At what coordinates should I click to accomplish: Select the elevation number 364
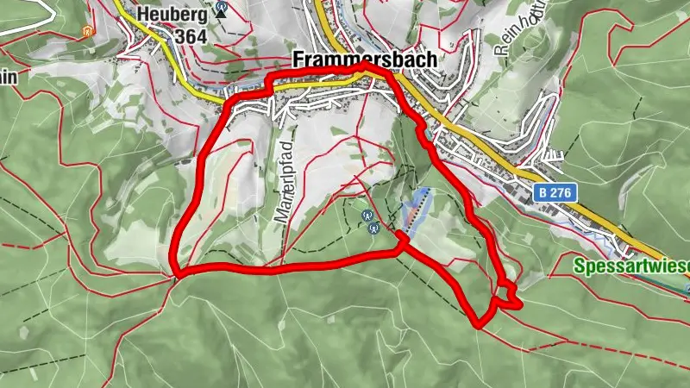point(191,37)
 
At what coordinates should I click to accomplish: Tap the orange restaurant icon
point(85,31)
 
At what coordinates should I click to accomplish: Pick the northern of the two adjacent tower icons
point(368,216)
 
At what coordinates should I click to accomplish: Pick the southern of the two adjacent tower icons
point(374,228)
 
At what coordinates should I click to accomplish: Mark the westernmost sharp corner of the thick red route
point(176,275)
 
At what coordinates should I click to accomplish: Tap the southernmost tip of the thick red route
point(479,324)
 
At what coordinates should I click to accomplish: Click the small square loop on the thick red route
point(509,295)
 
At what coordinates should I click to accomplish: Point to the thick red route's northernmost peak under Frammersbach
point(366,66)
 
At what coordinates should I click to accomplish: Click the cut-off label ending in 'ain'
point(9,78)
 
